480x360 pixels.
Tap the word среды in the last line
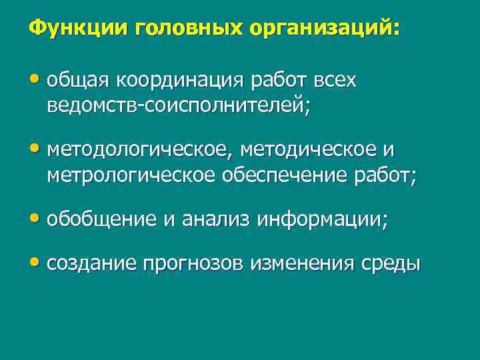pyautogui.click(x=396, y=264)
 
